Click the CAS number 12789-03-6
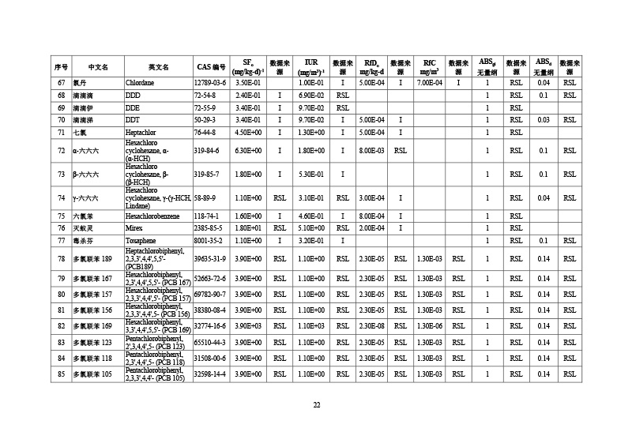tap(210, 82)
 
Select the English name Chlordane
tap(140, 82)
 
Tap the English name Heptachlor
tap(141, 133)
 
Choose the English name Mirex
tap(134, 228)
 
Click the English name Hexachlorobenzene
tap(152, 216)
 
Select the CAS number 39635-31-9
tap(210, 258)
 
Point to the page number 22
tap(316, 405)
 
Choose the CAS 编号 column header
tap(211, 66)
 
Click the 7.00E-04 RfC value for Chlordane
tap(429, 82)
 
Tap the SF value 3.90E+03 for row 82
tap(248, 326)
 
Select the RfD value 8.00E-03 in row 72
tap(371, 150)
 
